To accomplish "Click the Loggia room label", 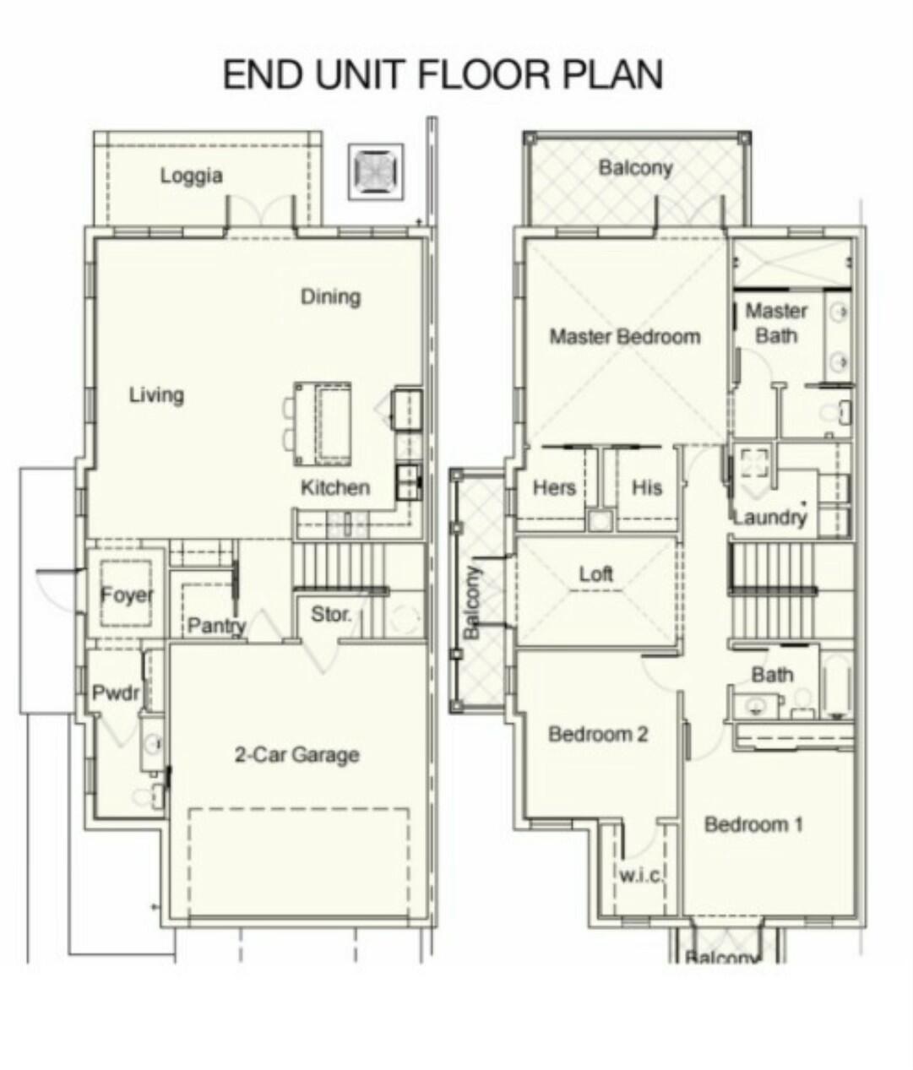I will (x=192, y=176).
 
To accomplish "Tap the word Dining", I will (x=330, y=296).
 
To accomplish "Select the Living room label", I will (x=156, y=394).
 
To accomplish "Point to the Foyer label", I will (x=127, y=595).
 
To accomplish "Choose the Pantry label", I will (x=216, y=626).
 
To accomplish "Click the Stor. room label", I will (x=330, y=615).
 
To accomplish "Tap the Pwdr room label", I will (x=115, y=693).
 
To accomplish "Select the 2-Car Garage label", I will (x=296, y=754).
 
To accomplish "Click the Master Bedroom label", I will (x=625, y=336).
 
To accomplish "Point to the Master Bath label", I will (x=776, y=323).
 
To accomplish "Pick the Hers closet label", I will (x=554, y=487).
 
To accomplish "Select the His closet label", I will (x=647, y=487).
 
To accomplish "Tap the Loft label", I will (x=595, y=574).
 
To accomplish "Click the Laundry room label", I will (x=769, y=517).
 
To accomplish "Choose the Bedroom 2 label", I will (x=598, y=734).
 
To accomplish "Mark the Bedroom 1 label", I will (x=753, y=823).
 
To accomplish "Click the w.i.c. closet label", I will (x=641, y=875).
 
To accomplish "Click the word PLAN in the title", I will (x=613, y=74).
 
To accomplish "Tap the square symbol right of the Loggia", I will (x=376, y=171).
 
